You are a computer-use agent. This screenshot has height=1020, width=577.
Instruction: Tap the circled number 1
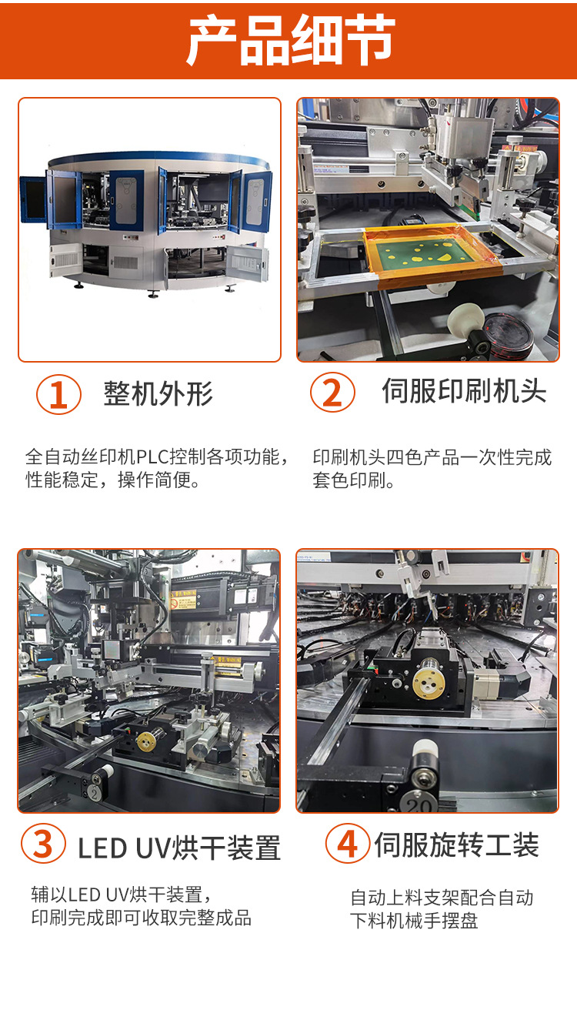pyautogui.click(x=58, y=394)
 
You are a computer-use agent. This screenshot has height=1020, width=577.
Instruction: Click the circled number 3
pyautogui.click(x=43, y=844)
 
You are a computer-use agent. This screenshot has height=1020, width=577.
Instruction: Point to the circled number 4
pyautogui.click(x=347, y=844)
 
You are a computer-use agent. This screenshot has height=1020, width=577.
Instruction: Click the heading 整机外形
pyautogui.click(x=158, y=393)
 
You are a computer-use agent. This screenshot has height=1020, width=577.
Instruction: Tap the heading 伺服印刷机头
pyautogui.click(x=464, y=392)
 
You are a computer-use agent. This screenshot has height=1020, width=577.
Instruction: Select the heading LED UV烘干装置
pyautogui.click(x=179, y=848)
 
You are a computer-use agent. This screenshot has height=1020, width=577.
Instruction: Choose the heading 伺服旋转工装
pyautogui.click(x=456, y=844)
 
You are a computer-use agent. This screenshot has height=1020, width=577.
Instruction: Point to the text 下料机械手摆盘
pyautogui.click(x=414, y=921)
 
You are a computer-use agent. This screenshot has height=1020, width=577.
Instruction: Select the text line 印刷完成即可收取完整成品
pyautogui.click(x=142, y=918)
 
